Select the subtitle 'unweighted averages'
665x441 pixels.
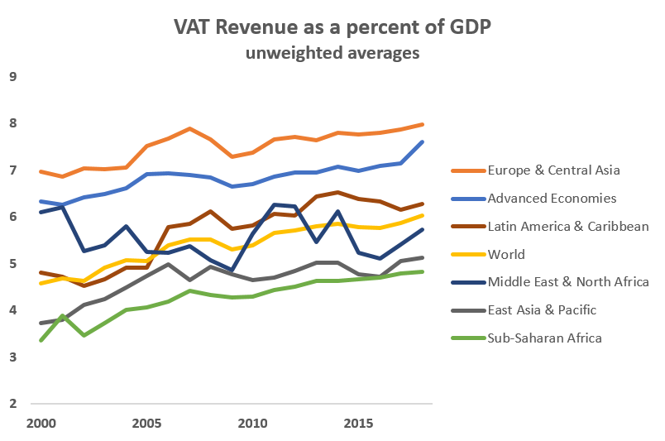pyautogui.click(x=332, y=54)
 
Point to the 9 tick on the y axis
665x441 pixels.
pyautogui.click(x=12, y=77)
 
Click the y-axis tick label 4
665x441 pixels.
pyautogui.click(x=12, y=310)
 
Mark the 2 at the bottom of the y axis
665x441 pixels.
pyautogui.click(x=12, y=404)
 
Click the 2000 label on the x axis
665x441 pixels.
pyautogui.click(x=41, y=424)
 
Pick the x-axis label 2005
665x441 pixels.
pyautogui.click(x=146, y=424)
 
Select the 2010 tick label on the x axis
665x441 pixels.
pyautogui.click(x=251, y=424)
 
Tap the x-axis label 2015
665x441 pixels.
pyautogui.click(x=356, y=424)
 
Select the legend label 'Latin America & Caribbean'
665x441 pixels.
pyautogui.click(x=568, y=226)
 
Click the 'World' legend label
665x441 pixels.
pyautogui.click(x=506, y=254)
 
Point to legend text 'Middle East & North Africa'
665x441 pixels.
pyautogui.click(x=568, y=282)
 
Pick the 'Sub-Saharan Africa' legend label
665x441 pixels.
pyautogui.click(x=545, y=338)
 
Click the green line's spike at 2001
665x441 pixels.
pyautogui.click(x=62, y=316)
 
